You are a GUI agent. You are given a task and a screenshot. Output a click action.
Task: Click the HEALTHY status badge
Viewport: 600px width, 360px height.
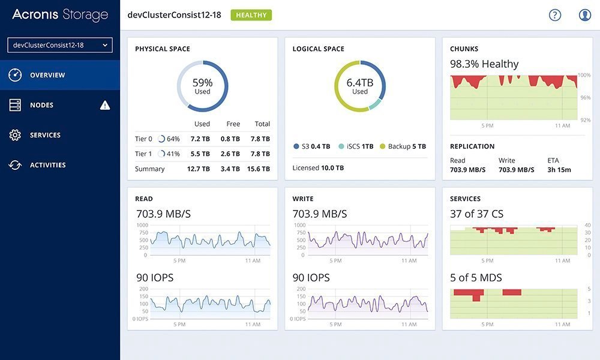pos(251,15)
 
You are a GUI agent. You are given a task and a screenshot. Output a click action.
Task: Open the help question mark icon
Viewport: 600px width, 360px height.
pos(555,15)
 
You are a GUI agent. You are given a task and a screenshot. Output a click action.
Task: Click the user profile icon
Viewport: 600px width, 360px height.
pos(585,15)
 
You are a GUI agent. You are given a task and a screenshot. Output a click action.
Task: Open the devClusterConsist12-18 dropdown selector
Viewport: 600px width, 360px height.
pos(60,45)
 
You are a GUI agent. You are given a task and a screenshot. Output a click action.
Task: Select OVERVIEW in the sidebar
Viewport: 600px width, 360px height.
pos(47,75)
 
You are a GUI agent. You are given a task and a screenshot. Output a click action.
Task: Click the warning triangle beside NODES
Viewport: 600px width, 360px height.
pos(105,106)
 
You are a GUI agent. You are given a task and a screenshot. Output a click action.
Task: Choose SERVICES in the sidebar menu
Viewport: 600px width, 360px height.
pos(45,135)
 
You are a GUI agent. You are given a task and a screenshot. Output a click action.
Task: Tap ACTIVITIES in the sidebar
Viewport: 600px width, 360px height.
pos(47,165)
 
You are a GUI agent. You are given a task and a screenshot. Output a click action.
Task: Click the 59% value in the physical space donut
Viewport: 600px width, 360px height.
pos(202,83)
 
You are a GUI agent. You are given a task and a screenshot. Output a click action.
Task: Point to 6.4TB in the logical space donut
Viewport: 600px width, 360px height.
pos(359,83)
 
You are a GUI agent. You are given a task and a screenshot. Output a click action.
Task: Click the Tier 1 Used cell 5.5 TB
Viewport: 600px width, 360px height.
pos(200,154)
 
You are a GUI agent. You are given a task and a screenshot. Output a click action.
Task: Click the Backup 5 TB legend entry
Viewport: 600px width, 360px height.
pos(403,146)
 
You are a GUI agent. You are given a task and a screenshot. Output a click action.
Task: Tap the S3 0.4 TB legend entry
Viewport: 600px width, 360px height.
pos(311,146)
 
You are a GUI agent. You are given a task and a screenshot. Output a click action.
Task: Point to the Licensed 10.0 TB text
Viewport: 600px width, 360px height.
pos(318,168)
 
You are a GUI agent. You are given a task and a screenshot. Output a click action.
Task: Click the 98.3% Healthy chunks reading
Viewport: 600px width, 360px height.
pos(484,64)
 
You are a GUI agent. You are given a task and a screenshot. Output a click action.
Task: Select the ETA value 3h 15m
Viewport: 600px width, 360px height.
pos(559,170)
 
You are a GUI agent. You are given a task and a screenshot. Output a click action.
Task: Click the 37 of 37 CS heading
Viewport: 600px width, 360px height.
pos(476,214)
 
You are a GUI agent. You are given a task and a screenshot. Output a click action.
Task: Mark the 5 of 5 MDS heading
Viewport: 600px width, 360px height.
pos(476,278)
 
